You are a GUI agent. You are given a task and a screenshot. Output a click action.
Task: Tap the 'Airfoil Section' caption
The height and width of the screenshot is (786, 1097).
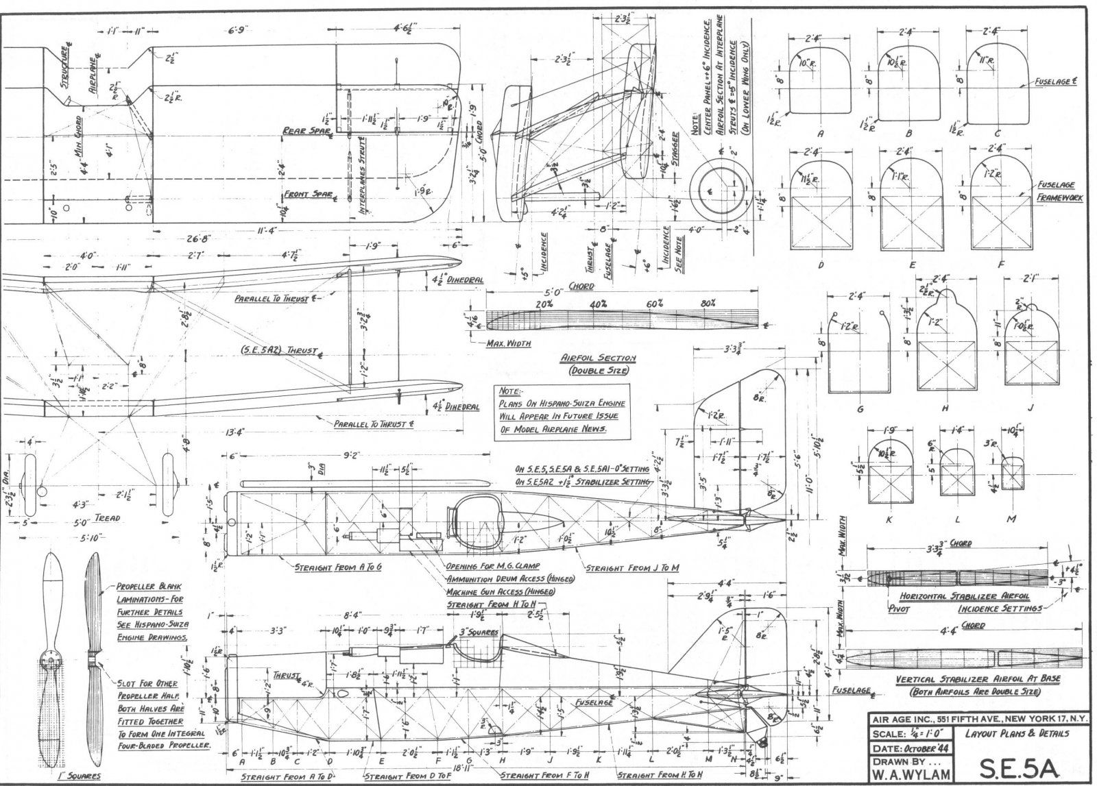point(599,358)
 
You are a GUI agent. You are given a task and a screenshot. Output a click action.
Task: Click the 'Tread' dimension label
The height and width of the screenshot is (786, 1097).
point(108,518)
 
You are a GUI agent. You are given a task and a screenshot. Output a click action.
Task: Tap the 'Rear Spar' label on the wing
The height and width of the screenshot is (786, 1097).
point(306,131)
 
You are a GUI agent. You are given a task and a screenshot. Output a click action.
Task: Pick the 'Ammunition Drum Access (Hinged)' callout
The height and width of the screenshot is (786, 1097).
point(510,579)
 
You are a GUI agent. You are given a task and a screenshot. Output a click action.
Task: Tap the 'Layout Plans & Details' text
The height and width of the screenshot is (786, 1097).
point(1017,733)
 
